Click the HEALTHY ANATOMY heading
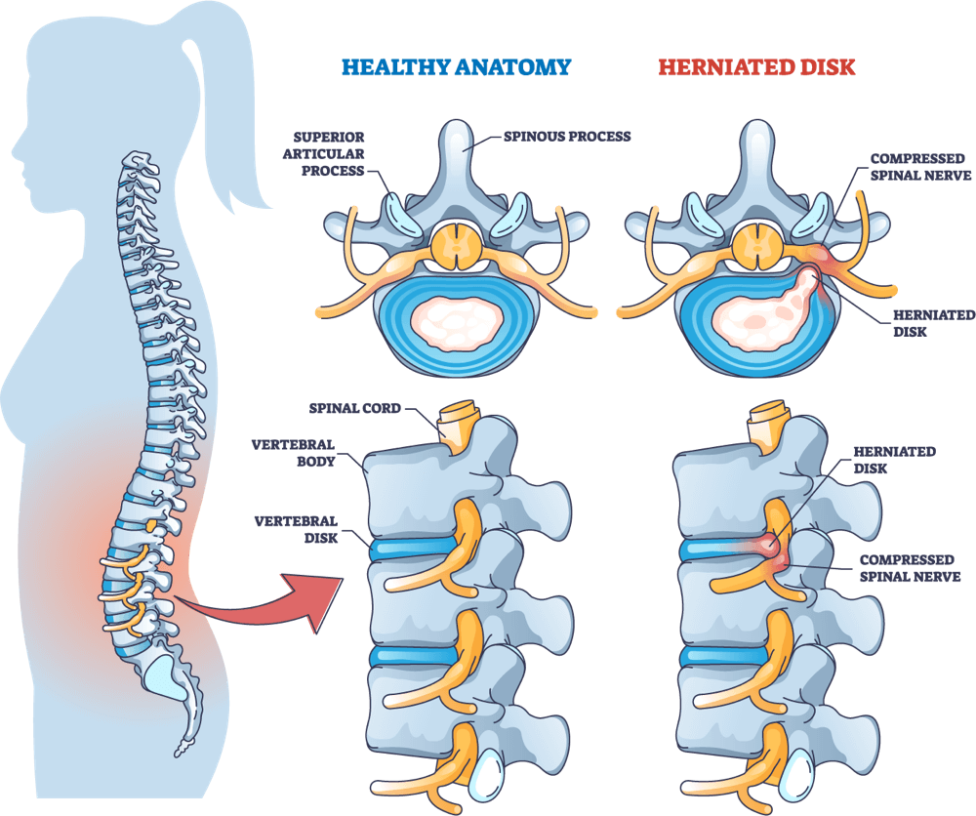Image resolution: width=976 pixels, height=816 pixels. click(456, 67)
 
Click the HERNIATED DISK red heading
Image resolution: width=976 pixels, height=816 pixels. click(757, 67)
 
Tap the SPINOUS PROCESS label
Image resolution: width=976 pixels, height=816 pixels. click(567, 137)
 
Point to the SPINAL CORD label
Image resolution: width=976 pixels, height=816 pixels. click(355, 408)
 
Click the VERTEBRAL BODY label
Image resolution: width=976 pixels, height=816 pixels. click(293, 453)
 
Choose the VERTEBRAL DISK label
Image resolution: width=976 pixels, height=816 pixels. click(297, 530)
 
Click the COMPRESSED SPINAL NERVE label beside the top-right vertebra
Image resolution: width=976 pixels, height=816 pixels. click(920, 167)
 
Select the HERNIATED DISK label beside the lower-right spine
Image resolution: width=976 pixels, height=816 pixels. click(894, 460)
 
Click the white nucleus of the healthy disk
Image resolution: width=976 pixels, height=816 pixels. click(456, 322)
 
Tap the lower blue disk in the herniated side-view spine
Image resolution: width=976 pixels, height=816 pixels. click(723, 655)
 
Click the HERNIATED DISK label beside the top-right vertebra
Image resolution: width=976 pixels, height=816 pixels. click(934, 323)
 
